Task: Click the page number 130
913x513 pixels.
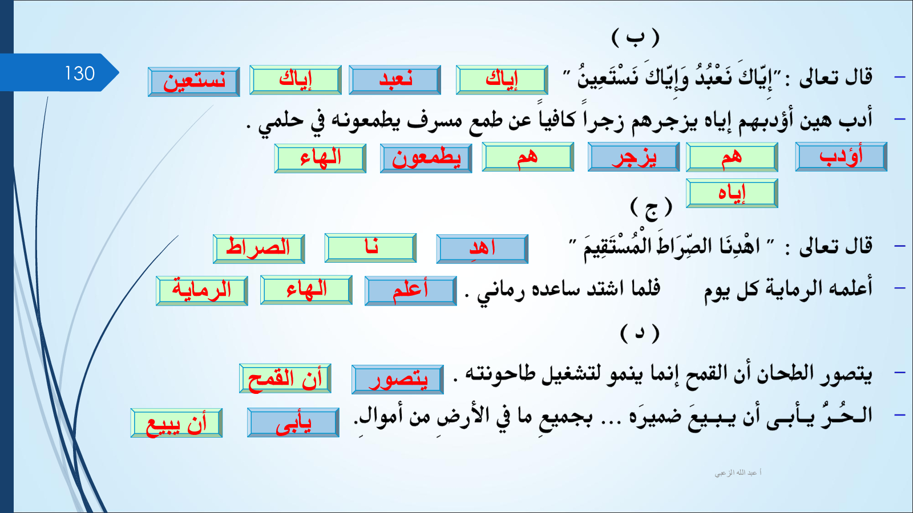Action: point(80,74)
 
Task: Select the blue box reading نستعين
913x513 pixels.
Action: point(194,82)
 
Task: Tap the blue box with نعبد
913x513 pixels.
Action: point(395,80)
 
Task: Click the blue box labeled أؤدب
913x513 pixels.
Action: point(841,157)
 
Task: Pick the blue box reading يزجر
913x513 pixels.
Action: point(634,157)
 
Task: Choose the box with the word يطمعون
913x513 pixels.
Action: point(426,158)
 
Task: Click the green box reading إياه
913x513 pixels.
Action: point(732,193)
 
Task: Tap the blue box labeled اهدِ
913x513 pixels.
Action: point(482,249)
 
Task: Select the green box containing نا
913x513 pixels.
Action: point(370,247)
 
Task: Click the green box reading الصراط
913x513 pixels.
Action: point(259,249)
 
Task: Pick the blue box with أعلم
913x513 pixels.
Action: point(410,291)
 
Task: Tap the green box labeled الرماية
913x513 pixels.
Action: point(202,291)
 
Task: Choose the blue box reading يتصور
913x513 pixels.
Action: point(397,380)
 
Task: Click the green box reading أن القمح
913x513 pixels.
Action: point(285,378)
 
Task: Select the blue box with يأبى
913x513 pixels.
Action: point(293,422)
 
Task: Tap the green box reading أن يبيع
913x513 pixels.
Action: point(176,423)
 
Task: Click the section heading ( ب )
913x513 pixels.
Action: point(636,38)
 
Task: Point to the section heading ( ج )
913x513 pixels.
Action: point(651,207)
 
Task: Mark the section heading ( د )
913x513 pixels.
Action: point(640,333)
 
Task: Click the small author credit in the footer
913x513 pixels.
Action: point(738,473)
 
